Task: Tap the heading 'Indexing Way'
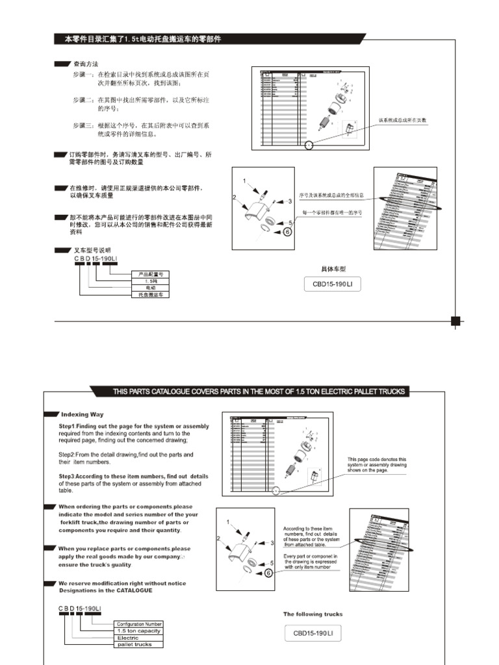[x=82, y=414]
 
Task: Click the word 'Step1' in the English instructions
[x=68, y=426]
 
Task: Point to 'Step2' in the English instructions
[x=68, y=455]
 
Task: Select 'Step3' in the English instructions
[x=68, y=476]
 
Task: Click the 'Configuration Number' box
[x=139, y=624]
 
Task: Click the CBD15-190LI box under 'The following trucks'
[x=313, y=633]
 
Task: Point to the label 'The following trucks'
[x=313, y=614]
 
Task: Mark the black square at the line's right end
[x=455, y=320]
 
